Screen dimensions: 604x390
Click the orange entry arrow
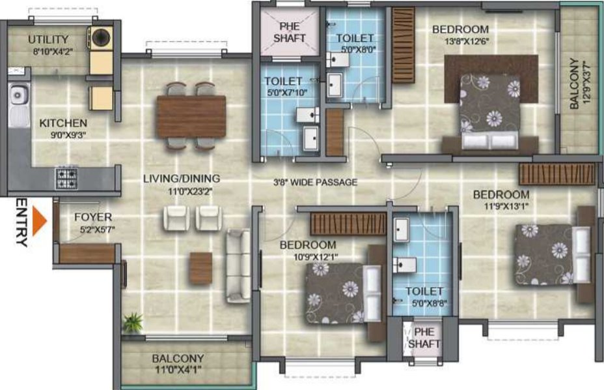tap(39, 221)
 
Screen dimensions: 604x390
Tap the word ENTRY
tap(22, 223)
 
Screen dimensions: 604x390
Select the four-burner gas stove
tap(66, 178)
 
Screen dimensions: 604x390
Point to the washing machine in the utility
tap(102, 38)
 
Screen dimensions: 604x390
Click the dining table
tap(191, 117)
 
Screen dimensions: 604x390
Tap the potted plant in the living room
tap(133, 322)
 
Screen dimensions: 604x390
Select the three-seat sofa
tap(238, 265)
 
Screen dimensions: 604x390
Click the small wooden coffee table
tap(200, 268)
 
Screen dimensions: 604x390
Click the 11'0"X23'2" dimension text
tap(190, 191)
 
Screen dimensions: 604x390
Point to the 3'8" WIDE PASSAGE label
tap(315, 182)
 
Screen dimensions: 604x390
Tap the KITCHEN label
tap(63, 123)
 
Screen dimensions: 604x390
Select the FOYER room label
tap(93, 217)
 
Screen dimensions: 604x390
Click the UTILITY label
tap(48, 39)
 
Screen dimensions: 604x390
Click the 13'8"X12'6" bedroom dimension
tap(467, 41)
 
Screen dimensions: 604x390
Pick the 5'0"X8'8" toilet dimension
tap(430, 303)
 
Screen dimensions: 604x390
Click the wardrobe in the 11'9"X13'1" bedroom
tap(557, 173)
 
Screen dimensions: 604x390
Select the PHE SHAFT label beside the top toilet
tap(290, 33)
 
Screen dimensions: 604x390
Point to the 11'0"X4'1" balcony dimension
tap(178, 370)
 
